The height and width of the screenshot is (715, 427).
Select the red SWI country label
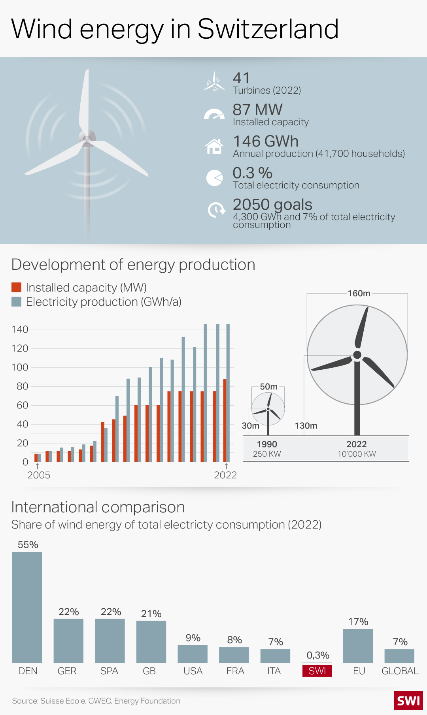(317, 671)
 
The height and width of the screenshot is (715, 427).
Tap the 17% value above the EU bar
(358, 621)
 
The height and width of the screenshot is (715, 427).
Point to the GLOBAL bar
(399, 656)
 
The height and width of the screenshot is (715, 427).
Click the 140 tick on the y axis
(20, 329)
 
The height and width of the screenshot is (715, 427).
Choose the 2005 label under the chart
(39, 475)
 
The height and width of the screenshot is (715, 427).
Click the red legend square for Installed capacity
(16, 287)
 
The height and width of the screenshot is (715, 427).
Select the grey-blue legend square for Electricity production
(16, 302)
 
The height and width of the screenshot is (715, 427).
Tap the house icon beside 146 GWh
(214, 146)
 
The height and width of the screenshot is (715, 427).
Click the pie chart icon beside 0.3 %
(214, 178)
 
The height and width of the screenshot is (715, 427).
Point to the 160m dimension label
(359, 293)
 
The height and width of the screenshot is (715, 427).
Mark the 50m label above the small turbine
(268, 386)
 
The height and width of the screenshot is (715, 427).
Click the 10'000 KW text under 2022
(357, 454)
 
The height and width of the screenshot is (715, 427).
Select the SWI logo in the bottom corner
(408, 701)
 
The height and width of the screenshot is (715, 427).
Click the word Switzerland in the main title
(268, 29)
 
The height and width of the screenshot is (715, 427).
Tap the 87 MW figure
(257, 109)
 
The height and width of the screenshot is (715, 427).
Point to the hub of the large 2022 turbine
(357, 355)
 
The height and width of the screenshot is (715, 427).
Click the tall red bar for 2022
(225, 420)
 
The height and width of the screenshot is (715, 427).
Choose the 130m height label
(306, 425)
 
